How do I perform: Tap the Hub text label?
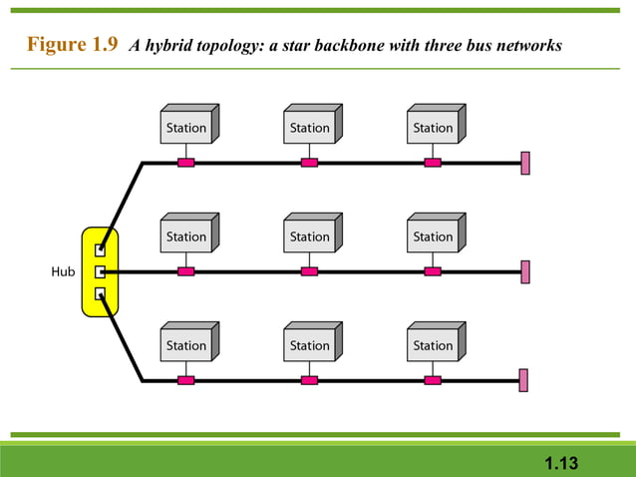[x=62, y=271]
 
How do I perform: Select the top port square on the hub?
[x=100, y=249]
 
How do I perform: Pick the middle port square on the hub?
[x=100, y=271]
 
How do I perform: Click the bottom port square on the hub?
[x=100, y=293]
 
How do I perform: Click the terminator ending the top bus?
[x=524, y=163]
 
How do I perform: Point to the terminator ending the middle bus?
[x=524, y=271]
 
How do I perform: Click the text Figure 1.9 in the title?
[x=73, y=45]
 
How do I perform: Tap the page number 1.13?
[x=561, y=463]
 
